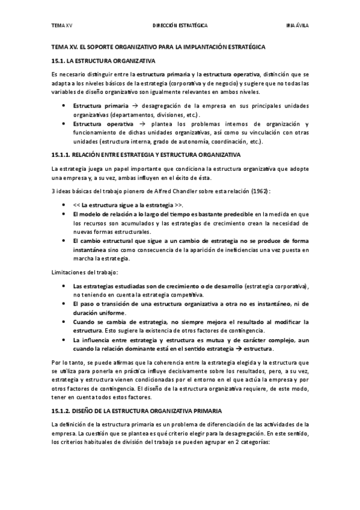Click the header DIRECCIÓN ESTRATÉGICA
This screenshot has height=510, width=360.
(x=180, y=27)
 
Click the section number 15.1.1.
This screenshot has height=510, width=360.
(x=61, y=155)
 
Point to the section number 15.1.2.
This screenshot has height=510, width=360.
(x=61, y=410)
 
